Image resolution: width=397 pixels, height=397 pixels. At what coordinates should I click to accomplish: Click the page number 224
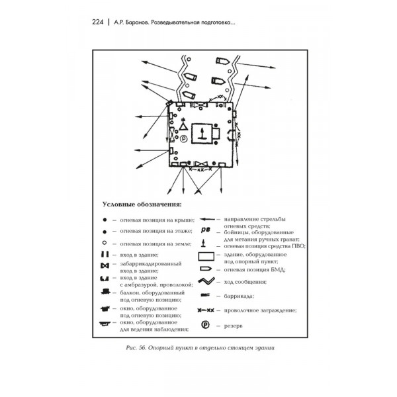point(95,21)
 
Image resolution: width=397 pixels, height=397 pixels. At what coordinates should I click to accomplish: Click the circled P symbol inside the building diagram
point(183,138)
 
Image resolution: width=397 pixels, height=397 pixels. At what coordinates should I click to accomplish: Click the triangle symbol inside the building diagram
point(175,128)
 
